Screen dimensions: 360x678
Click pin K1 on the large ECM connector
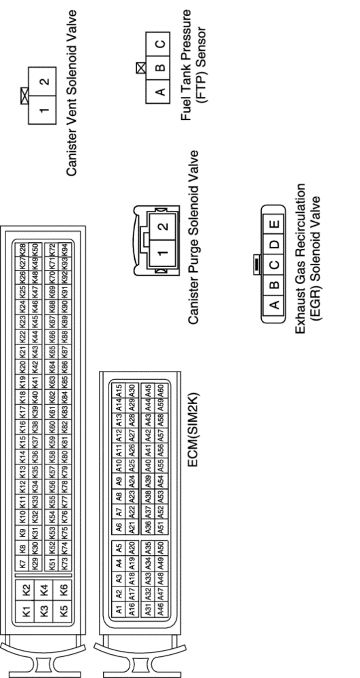tap(27, 612)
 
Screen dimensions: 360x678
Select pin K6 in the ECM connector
tap(64, 589)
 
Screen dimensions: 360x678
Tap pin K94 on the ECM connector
tap(64, 250)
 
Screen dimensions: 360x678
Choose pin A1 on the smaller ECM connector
tap(119, 610)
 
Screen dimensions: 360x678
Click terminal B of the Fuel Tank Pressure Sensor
tap(159, 68)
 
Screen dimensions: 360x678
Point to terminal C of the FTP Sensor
tap(159, 44)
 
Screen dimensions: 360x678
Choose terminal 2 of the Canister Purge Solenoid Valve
tap(163, 226)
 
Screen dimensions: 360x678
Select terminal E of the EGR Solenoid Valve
tap(274, 224)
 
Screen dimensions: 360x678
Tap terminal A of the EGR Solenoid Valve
tap(274, 304)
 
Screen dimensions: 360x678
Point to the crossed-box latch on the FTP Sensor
tap(141, 68)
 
